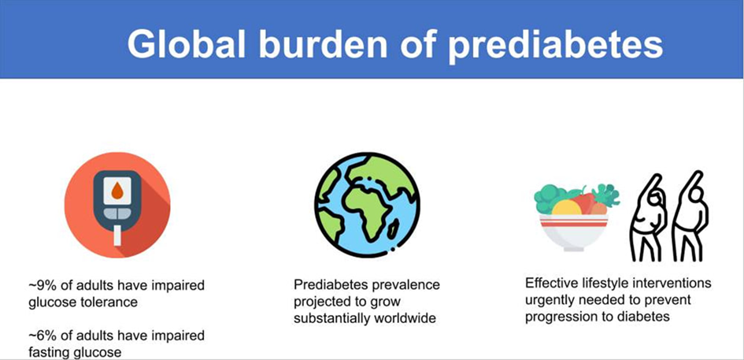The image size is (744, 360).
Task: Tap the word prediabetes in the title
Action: click(x=556, y=45)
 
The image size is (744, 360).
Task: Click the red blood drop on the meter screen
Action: click(x=118, y=191)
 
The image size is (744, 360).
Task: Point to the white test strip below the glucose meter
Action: click(x=118, y=236)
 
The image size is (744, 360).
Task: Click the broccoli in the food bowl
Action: click(x=550, y=197)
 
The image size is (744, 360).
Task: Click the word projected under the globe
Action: click(x=324, y=302)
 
